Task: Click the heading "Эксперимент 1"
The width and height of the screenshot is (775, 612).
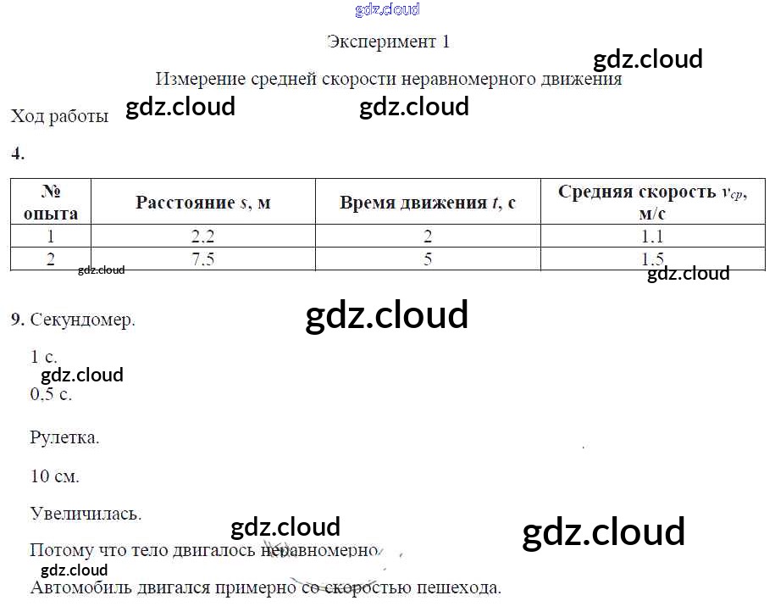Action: click(x=388, y=42)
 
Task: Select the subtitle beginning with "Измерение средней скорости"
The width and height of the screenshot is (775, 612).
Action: click(x=389, y=79)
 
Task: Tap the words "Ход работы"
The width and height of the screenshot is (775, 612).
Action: click(x=59, y=117)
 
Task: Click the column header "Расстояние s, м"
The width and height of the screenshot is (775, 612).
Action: click(x=203, y=203)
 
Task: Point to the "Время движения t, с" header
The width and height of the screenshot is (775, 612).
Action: click(x=428, y=203)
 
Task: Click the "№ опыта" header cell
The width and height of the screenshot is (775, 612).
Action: click(x=51, y=202)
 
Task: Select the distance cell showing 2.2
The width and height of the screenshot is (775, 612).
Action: click(x=203, y=236)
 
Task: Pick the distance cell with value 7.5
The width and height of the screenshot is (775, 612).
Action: click(x=203, y=259)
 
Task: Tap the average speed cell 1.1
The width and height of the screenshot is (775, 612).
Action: click(x=652, y=236)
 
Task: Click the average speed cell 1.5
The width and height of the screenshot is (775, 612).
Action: click(x=652, y=259)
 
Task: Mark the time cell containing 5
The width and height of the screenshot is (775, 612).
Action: click(x=428, y=259)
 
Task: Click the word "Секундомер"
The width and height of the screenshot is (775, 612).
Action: click(x=82, y=320)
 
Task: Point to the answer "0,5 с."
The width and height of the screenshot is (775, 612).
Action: click(x=51, y=394)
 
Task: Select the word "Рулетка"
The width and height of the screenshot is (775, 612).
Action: click(x=64, y=438)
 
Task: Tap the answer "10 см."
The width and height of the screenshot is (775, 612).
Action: click(x=54, y=476)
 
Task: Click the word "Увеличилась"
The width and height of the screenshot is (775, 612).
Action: click(x=86, y=513)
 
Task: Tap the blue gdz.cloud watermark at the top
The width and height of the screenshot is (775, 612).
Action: click(x=387, y=10)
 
